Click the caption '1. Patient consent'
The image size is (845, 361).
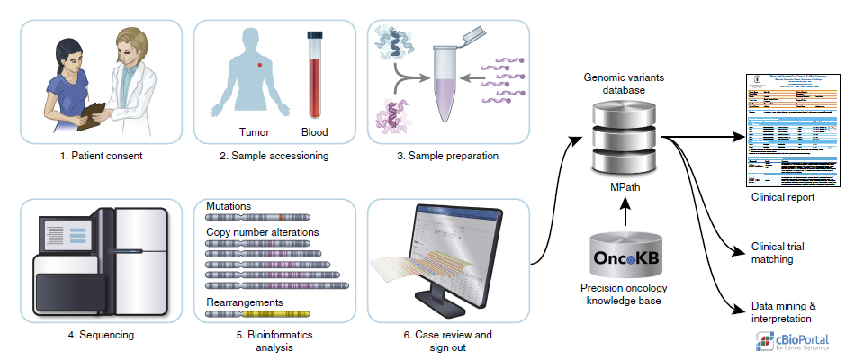coord(101,156)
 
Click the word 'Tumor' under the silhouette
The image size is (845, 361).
coord(255,132)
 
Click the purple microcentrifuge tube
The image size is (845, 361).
coord(447,86)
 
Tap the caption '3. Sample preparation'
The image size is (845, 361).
coord(447,156)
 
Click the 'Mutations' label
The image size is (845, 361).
coord(229,206)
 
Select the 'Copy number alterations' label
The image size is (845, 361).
coord(262,232)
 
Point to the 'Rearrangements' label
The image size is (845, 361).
coord(245,302)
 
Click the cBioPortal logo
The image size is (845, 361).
coord(792,341)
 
